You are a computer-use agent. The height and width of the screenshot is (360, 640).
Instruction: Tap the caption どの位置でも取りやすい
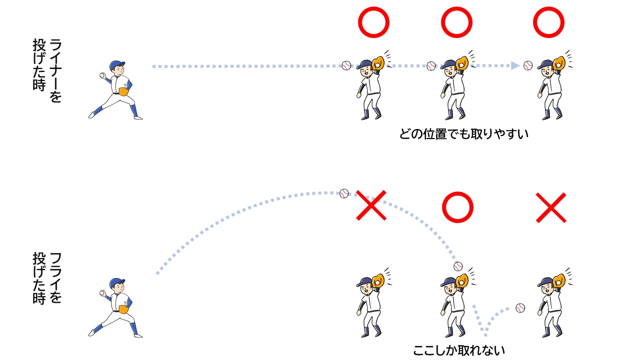(463, 134)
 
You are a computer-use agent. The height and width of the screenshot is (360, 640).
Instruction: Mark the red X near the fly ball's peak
(371, 205)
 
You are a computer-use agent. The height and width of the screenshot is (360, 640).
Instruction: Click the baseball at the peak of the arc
(344, 193)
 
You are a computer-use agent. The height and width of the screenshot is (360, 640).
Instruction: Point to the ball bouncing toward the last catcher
(520, 308)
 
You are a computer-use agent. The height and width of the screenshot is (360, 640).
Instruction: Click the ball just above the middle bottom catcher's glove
(458, 266)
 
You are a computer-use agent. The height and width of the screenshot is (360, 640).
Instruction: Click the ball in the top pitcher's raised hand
(102, 75)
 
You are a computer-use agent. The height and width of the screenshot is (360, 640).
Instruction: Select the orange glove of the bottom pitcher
(123, 309)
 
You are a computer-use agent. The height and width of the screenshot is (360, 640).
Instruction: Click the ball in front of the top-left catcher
(346, 65)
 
